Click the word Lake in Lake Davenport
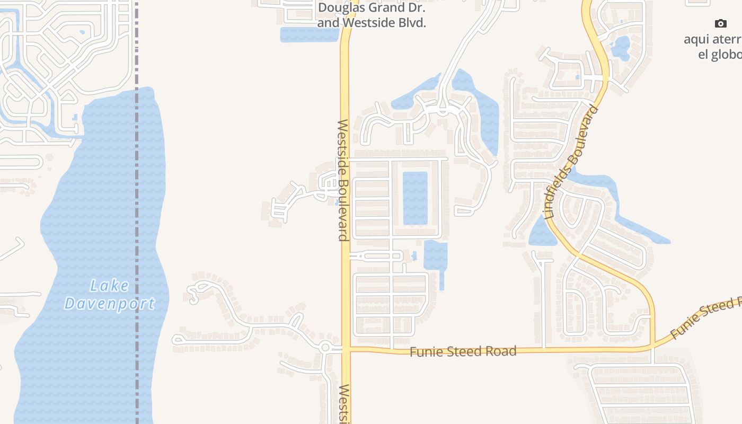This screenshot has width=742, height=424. pos(109,286)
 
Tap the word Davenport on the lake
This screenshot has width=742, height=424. pos(109,304)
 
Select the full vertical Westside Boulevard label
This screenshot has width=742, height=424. pos(343,180)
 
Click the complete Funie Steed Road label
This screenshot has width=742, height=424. pos(463,351)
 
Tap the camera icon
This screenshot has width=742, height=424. pos(720,23)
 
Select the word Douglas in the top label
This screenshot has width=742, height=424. pos(339,8)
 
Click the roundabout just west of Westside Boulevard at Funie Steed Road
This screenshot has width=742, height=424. pos(325,348)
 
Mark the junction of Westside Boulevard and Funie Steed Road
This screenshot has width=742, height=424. pos(346,349)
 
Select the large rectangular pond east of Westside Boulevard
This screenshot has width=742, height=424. pos(415,198)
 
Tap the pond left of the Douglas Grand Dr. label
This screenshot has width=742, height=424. pos(308,34)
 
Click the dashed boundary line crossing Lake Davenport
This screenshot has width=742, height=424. pos(137,212)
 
